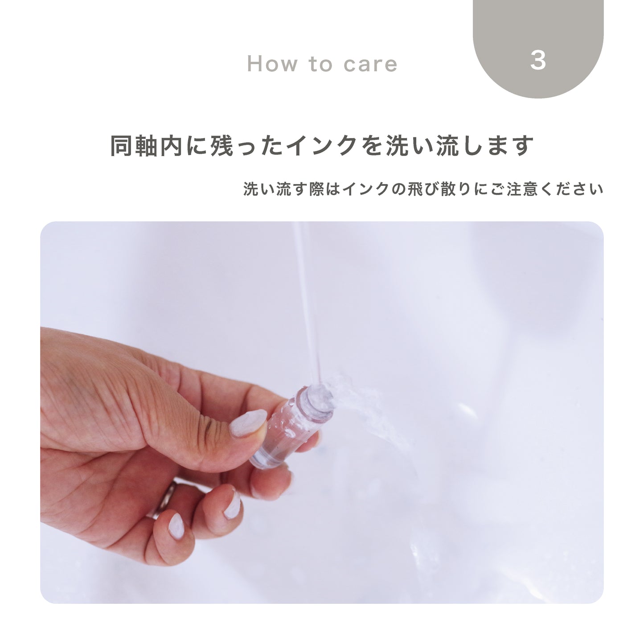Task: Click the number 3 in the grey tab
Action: pyautogui.click(x=538, y=61)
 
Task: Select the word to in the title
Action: pyautogui.click(x=320, y=63)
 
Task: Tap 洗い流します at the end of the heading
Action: pyautogui.click(x=459, y=146)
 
